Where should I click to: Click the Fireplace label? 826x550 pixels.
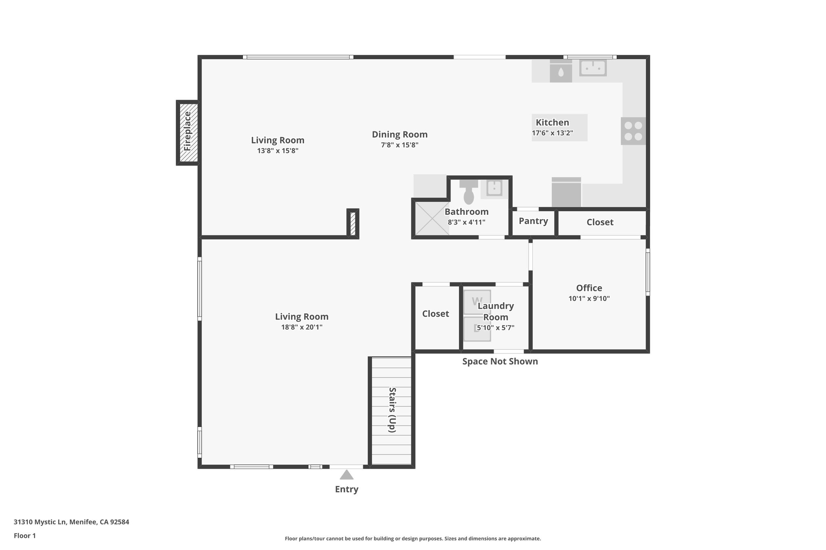[x=188, y=132]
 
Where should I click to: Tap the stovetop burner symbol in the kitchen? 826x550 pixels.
[x=633, y=131]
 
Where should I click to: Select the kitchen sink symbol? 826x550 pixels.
[x=593, y=68]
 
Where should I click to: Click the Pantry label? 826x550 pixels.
[x=533, y=221]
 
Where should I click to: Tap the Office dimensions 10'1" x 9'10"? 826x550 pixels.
[x=589, y=299]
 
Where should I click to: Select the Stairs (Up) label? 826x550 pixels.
[x=392, y=410]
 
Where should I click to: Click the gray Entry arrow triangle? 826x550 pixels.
[x=346, y=475]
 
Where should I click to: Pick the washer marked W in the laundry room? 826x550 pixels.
[x=477, y=301]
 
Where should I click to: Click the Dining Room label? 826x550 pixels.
[x=399, y=135]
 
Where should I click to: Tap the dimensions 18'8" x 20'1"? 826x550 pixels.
[x=302, y=327]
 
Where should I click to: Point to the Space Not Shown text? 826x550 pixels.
[x=500, y=361]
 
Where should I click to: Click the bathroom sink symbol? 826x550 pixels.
[x=494, y=188]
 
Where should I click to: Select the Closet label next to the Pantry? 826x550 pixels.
[x=600, y=222]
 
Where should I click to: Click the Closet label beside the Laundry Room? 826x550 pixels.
[x=435, y=314]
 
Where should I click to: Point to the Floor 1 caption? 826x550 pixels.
[x=25, y=536]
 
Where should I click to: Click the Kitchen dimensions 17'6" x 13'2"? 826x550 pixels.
[x=552, y=133]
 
